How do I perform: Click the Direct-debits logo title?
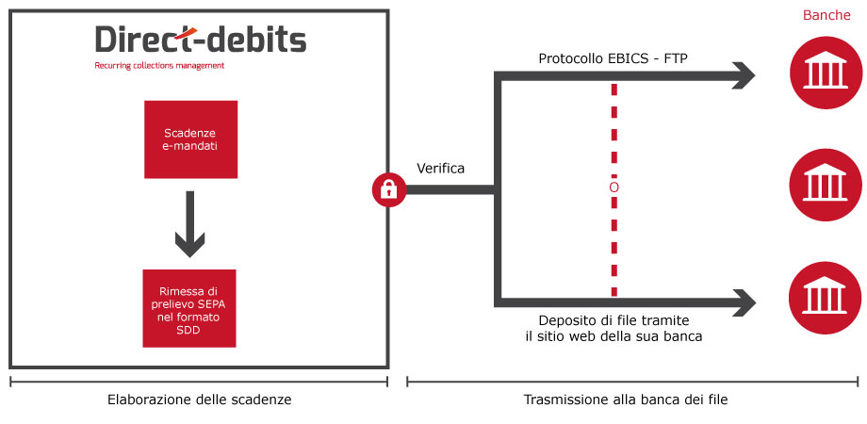click(x=200, y=40)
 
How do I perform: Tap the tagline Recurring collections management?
click(x=159, y=66)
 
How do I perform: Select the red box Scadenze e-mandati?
click(x=190, y=139)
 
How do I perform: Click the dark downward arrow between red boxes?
click(x=190, y=224)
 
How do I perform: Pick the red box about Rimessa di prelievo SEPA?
click(x=189, y=308)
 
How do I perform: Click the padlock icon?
click(x=389, y=190)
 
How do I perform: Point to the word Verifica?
click(x=441, y=169)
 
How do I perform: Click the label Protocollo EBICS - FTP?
click(x=613, y=58)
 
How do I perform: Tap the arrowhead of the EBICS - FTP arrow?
click(x=744, y=75)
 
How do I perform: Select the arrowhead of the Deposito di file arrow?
click(x=744, y=302)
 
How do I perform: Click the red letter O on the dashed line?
click(x=613, y=188)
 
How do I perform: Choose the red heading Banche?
click(x=826, y=15)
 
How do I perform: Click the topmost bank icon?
click(x=825, y=72)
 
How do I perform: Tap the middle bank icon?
click(x=825, y=184)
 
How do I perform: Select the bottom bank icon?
click(x=825, y=298)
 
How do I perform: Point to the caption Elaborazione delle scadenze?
click(x=199, y=400)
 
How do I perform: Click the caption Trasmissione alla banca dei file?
click(x=626, y=400)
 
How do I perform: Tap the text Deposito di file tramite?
click(x=613, y=320)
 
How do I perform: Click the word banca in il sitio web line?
click(x=684, y=336)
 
